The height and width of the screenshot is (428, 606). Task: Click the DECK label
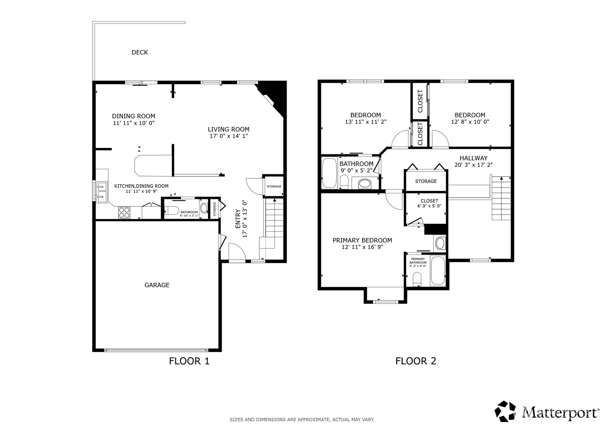(x=139, y=53)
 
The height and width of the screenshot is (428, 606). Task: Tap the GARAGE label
(x=157, y=285)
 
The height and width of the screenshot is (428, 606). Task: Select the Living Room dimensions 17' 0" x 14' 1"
(x=228, y=136)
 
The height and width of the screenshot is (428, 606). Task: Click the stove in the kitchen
(x=124, y=212)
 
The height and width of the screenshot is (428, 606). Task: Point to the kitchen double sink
(x=102, y=192)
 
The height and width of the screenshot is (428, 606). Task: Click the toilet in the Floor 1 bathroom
(x=171, y=210)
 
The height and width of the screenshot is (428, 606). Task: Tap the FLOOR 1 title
(x=189, y=361)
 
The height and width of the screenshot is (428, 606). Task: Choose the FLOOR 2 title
(x=416, y=361)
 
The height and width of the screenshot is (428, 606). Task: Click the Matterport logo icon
(x=505, y=411)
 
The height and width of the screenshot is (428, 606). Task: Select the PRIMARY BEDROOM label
(x=362, y=240)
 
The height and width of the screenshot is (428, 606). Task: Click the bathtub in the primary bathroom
(x=437, y=271)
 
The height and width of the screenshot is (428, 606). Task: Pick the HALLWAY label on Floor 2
(x=474, y=158)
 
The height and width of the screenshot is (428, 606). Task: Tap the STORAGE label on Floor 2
(x=426, y=181)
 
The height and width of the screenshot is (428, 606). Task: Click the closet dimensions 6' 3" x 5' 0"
(x=429, y=206)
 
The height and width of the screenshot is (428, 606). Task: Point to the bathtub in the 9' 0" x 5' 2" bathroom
(x=329, y=173)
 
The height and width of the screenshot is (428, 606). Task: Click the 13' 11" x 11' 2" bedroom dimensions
(x=365, y=122)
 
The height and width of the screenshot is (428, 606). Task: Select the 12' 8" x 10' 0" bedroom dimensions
(x=470, y=122)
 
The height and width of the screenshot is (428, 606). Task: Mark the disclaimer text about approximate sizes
(x=302, y=420)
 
